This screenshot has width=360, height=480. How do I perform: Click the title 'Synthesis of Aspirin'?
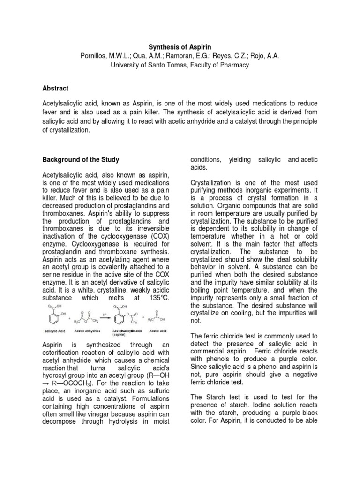tap(180, 47)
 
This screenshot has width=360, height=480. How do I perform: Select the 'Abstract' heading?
tap(55, 88)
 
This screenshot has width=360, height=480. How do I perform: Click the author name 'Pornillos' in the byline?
tap(95, 56)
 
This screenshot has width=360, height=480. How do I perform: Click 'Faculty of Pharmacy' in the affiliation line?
tap(219, 65)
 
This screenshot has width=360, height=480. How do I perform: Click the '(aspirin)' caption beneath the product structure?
tap(126, 335)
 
